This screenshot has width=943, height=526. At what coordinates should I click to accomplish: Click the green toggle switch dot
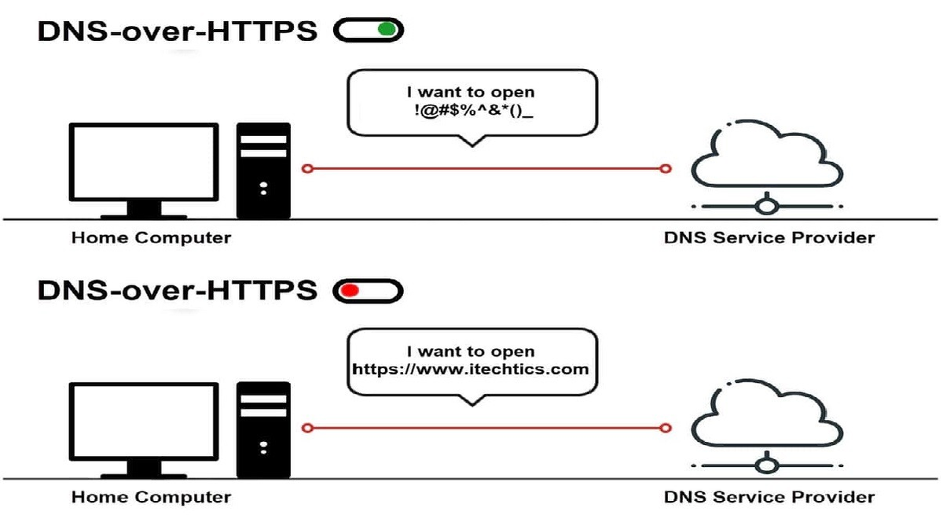pyautogui.click(x=387, y=29)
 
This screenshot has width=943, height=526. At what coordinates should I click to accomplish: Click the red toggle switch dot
pyautogui.click(x=350, y=290)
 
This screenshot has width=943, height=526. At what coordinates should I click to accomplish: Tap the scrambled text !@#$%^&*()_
pyautogui.click(x=474, y=111)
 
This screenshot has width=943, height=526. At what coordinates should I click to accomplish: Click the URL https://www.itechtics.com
pyautogui.click(x=471, y=370)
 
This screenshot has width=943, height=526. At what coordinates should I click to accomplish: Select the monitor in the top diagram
pyautogui.click(x=144, y=171)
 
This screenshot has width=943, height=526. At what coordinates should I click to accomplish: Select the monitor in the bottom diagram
pyautogui.click(x=144, y=430)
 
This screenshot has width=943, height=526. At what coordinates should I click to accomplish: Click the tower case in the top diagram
pyautogui.click(x=263, y=171)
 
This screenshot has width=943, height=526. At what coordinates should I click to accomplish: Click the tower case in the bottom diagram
pyautogui.click(x=263, y=430)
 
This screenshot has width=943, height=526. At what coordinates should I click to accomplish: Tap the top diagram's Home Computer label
pyautogui.click(x=151, y=238)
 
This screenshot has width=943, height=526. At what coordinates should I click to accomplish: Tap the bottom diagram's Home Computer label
pyautogui.click(x=151, y=498)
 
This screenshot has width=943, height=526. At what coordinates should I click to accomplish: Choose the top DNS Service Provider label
pyautogui.click(x=769, y=238)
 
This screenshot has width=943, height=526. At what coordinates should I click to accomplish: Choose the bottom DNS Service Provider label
pyautogui.click(x=769, y=498)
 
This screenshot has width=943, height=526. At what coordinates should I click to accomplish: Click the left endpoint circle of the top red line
pyautogui.click(x=308, y=169)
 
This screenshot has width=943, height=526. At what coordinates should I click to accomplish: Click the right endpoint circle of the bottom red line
pyautogui.click(x=666, y=429)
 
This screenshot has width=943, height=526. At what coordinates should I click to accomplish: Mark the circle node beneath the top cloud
pyautogui.click(x=767, y=207)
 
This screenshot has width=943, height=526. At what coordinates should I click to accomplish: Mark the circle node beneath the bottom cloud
pyautogui.click(x=767, y=466)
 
